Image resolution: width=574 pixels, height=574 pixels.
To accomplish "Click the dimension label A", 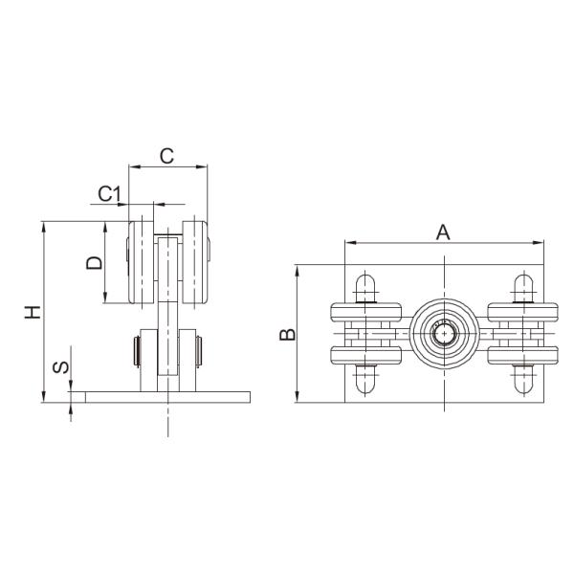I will click(442, 231).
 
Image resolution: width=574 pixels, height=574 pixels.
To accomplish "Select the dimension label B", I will click(285, 334).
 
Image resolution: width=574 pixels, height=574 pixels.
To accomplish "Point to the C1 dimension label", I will click(111, 193).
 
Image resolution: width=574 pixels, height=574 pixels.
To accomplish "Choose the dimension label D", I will click(93, 262).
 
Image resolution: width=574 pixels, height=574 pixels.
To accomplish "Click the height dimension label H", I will click(32, 312).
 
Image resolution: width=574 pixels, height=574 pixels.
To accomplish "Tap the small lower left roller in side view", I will click(139, 350).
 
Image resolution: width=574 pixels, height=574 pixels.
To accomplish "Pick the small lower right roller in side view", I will click(195, 350).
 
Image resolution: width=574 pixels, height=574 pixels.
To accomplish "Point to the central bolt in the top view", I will click(443, 334).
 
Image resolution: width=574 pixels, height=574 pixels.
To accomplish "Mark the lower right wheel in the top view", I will click(521, 355).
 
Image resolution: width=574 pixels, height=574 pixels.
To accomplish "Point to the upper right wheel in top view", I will click(521, 313).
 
